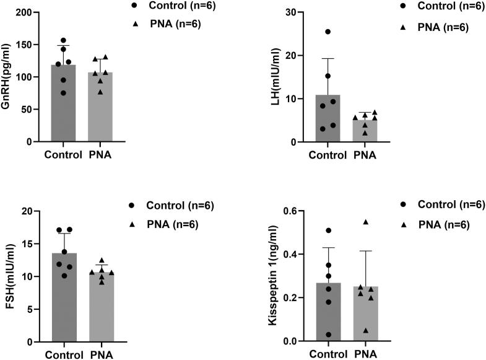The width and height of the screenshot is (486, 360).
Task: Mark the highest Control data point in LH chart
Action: click(x=328, y=32)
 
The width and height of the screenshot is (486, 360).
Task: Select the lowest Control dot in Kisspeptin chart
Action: click(x=328, y=335)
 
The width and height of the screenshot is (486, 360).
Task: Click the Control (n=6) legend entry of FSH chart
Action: click(x=171, y=206)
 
